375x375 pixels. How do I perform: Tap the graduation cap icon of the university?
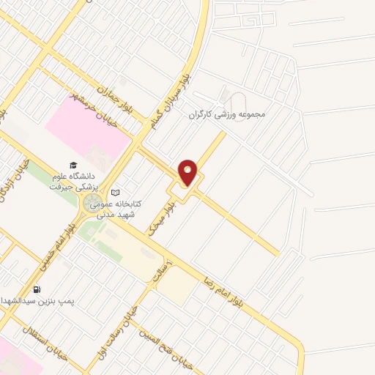pyautogui.click(x=73, y=165)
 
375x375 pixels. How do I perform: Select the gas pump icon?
pyautogui.click(x=37, y=289)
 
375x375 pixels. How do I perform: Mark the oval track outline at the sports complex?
pyautogui.click(x=224, y=96)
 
